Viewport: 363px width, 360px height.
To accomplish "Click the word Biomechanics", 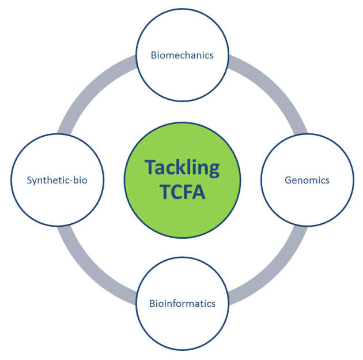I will (182, 55).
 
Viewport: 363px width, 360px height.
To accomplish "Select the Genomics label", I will (307, 180).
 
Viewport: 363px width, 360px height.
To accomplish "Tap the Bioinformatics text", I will (182, 303).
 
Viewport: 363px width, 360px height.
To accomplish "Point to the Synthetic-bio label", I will (57, 180).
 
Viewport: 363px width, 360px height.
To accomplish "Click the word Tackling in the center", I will (182, 167).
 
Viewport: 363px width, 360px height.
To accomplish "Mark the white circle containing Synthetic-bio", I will (57, 202).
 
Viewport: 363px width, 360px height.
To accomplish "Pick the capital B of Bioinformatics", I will (152, 303).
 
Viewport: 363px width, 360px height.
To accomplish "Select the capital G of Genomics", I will (288, 180).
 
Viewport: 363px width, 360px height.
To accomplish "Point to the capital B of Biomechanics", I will (154, 55).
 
